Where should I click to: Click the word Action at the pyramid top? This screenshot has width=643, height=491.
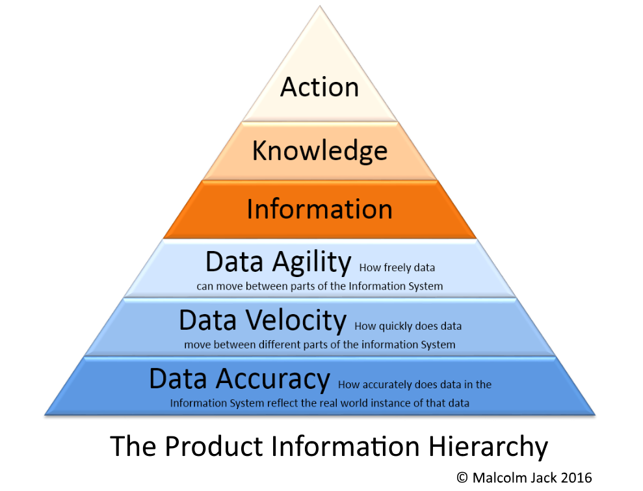pyautogui.click(x=319, y=87)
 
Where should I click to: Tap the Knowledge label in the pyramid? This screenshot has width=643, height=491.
pyautogui.click(x=319, y=150)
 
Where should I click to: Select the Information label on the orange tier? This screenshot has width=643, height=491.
pyautogui.click(x=319, y=209)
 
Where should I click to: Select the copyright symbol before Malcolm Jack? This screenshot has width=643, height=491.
pyautogui.click(x=462, y=477)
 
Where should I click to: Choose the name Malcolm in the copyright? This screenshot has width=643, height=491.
pyautogui.click(x=497, y=477)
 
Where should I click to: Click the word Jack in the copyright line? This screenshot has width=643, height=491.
pyautogui.click(x=544, y=477)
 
